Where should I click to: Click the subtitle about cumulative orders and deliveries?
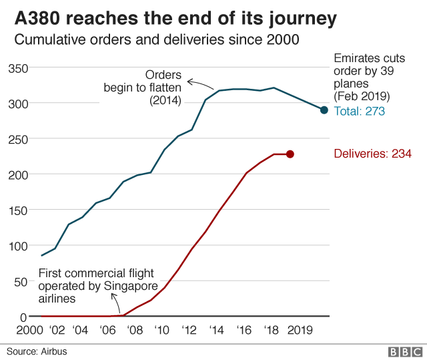coord(157,40)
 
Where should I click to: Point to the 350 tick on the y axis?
coord(18,68)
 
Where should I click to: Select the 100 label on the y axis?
coord(18,246)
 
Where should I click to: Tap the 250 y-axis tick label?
coord(18,139)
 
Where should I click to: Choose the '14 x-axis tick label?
coord(216,330)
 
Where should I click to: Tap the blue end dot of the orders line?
coord(324,110)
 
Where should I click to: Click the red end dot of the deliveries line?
coord(290,154)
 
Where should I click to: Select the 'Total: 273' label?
coord(359,112)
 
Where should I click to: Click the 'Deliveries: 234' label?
coord(372,154)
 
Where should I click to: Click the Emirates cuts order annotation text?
coord(370,77)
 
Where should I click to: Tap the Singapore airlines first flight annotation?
coord(97,286)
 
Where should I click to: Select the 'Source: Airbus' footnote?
coord(37,351)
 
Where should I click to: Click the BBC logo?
coord(405,351)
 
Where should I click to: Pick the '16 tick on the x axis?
coord(244,330)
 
